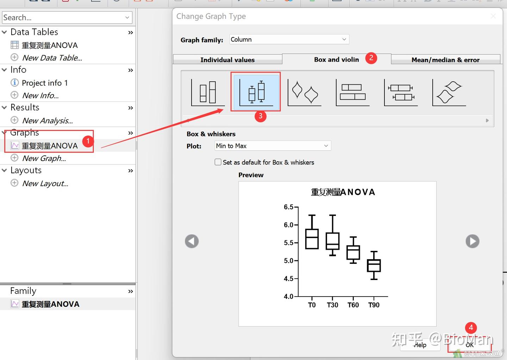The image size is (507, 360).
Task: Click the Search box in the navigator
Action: (x=63, y=18)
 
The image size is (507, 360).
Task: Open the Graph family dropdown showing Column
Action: (x=289, y=39)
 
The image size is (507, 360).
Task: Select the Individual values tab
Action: (x=227, y=60)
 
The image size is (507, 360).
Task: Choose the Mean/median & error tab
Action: (x=445, y=60)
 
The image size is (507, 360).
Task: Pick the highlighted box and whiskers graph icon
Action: (x=256, y=91)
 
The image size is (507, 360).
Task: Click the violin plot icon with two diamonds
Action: (x=304, y=92)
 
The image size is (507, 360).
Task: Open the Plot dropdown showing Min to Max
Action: (x=273, y=146)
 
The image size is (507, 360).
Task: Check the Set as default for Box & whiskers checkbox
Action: (x=218, y=162)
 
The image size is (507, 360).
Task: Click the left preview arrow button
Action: (x=192, y=241)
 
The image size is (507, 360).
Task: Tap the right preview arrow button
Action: (x=472, y=241)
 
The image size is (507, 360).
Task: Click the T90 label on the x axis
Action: (x=374, y=305)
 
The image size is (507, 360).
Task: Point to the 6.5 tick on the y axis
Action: (x=289, y=207)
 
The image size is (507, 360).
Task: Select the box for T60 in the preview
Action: (x=353, y=252)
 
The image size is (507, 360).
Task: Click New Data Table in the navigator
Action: (x=52, y=58)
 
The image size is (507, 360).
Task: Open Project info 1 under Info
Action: (x=45, y=83)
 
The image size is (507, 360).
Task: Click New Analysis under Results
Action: (x=47, y=121)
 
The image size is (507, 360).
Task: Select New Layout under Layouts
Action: (x=45, y=184)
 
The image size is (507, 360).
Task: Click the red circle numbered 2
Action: (x=371, y=58)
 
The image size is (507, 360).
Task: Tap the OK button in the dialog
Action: (x=469, y=345)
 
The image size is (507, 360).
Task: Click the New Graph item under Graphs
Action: (x=44, y=159)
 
